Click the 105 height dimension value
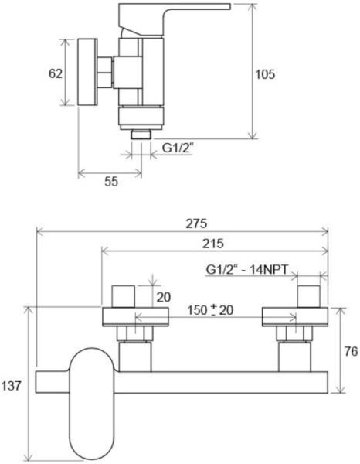[x=265, y=74]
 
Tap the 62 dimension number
[x=56, y=73]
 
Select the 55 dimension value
[x=111, y=182]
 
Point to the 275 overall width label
[x=196, y=223]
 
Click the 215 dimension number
[x=212, y=244]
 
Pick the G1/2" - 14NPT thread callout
[x=246, y=270]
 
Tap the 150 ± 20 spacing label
[x=210, y=310]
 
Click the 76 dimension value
[x=352, y=351]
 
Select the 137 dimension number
[x=12, y=386]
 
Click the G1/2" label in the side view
[x=178, y=148]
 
